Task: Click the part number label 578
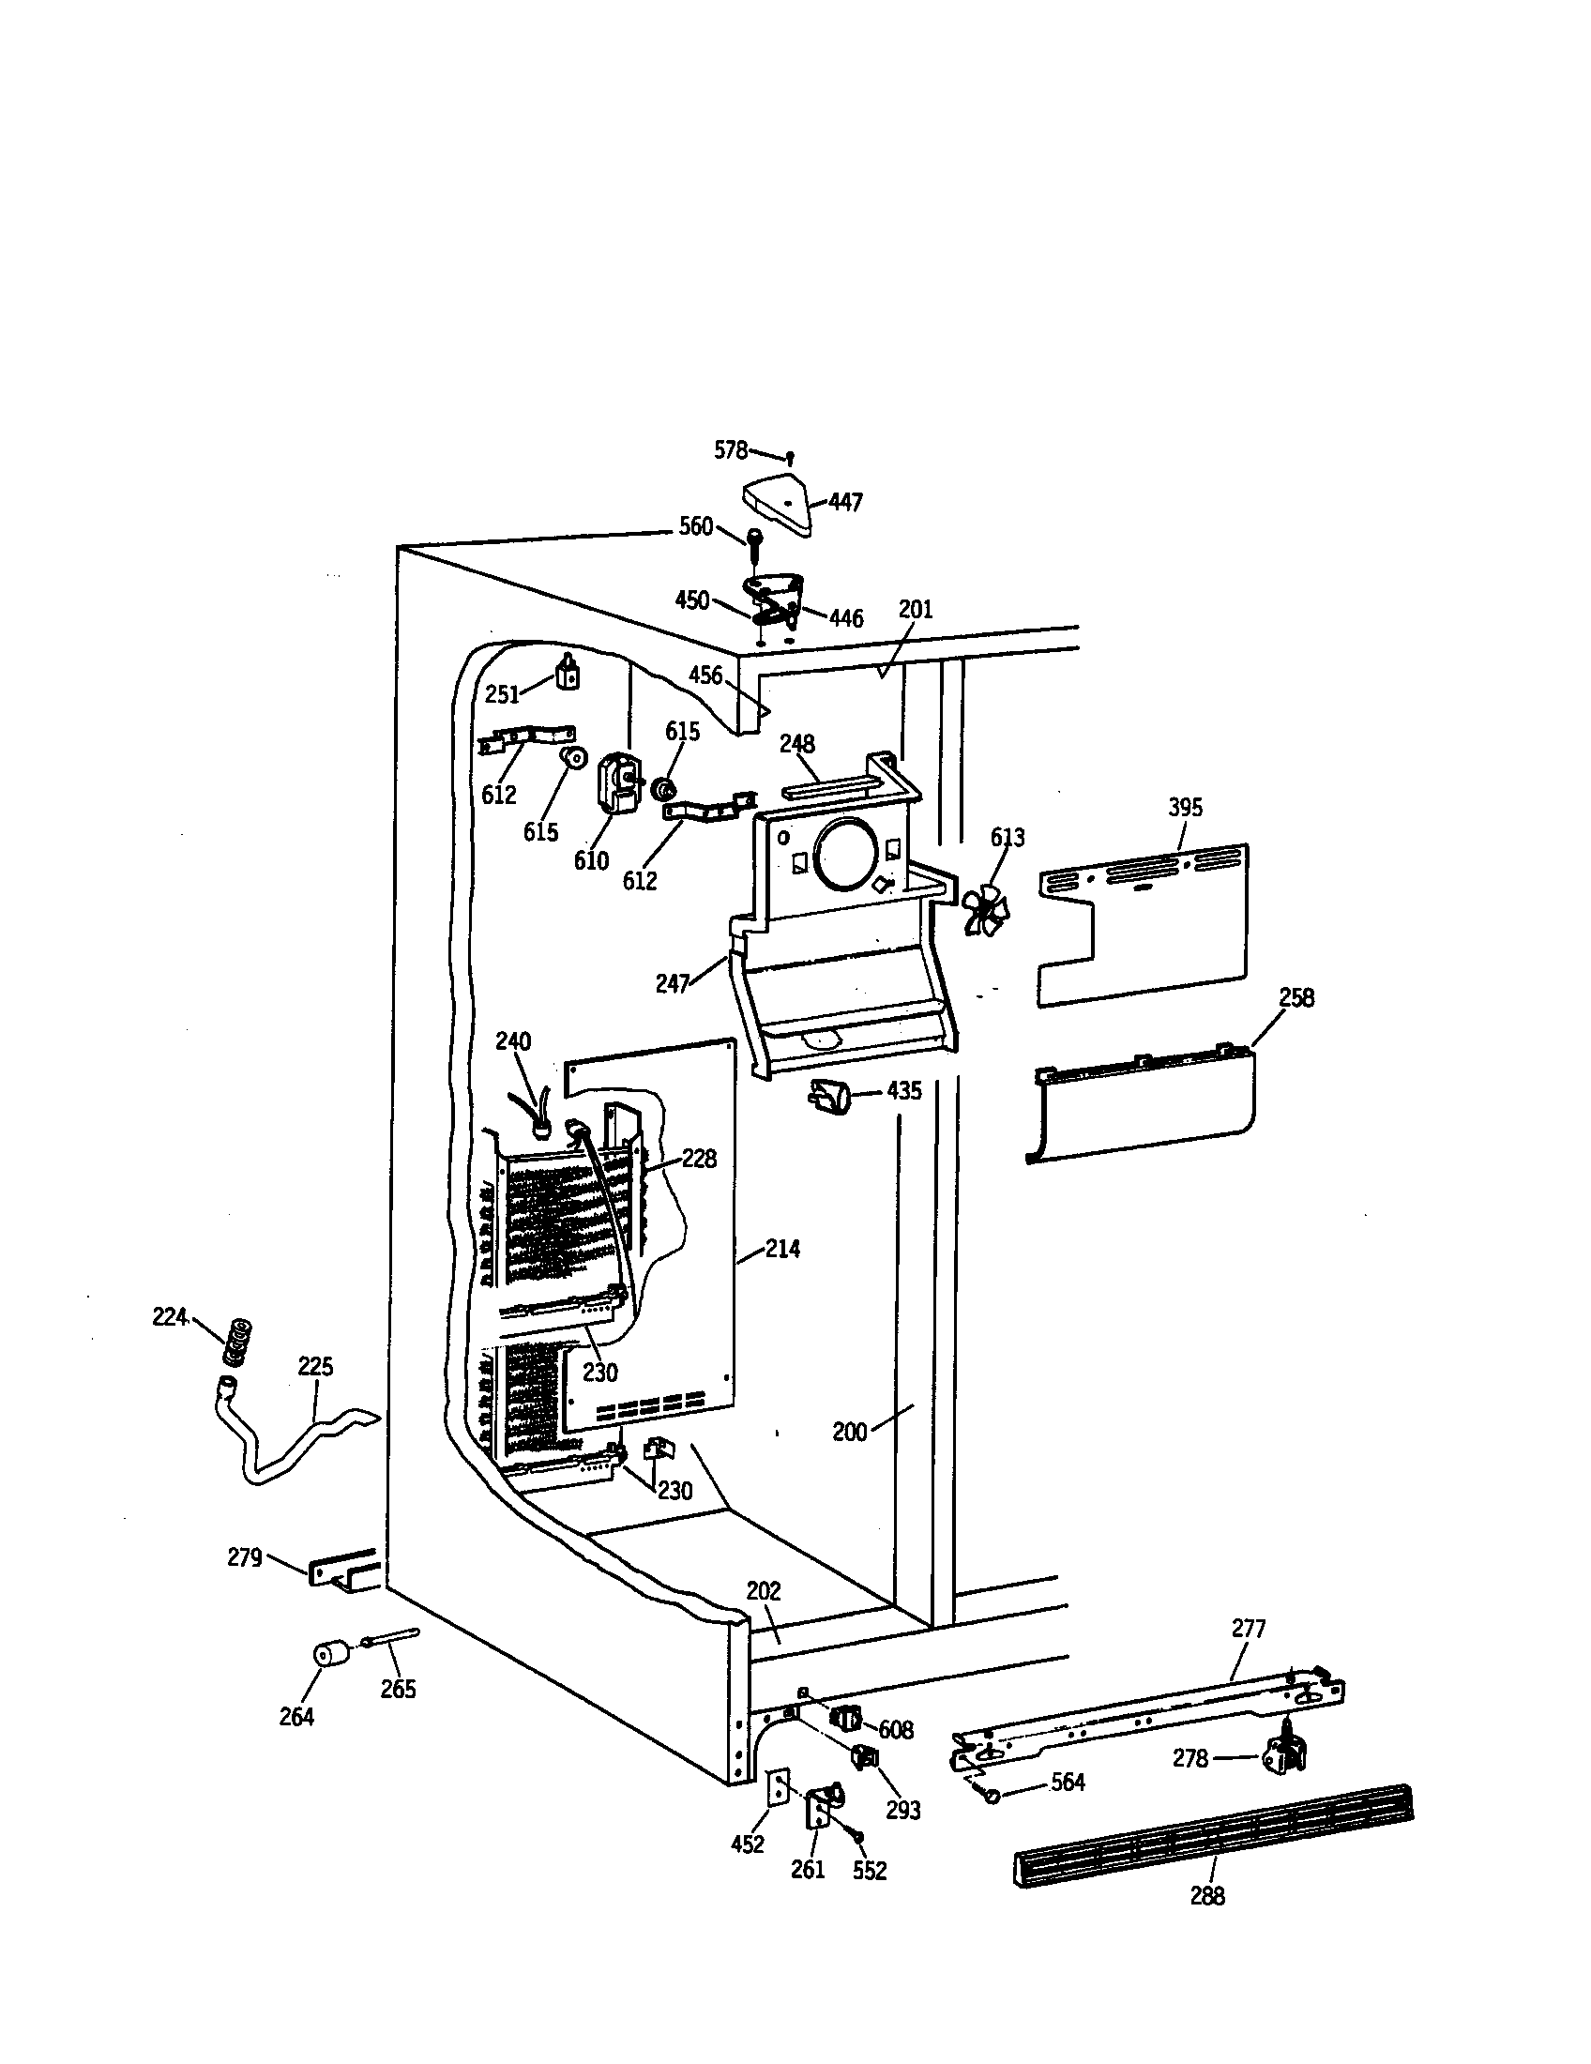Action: point(730,450)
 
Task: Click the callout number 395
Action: point(1185,808)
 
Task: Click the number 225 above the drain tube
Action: point(315,1367)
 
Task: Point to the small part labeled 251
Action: point(567,674)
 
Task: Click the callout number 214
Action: point(782,1250)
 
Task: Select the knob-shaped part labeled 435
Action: point(828,1096)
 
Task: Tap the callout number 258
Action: point(1296,998)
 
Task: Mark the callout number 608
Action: point(895,1730)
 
